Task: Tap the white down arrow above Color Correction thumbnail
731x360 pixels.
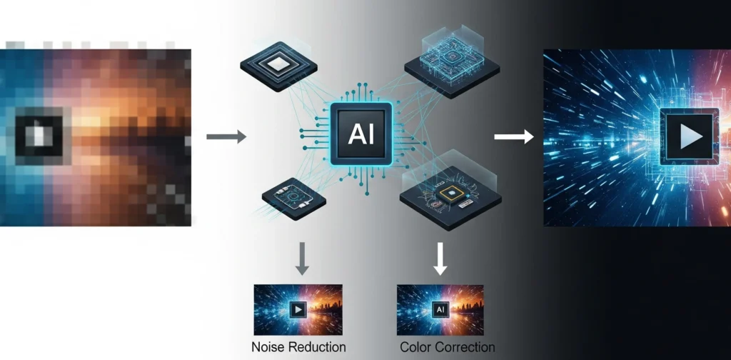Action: pos(440,258)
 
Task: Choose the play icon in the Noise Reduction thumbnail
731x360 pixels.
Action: pos(298,311)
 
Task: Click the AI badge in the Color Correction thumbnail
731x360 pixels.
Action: pos(440,311)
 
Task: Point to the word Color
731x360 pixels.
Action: pos(415,347)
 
